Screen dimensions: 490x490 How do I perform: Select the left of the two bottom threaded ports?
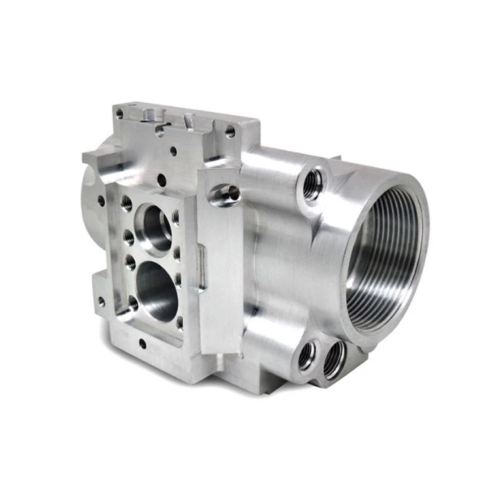(307, 355)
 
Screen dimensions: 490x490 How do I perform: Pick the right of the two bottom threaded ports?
(333, 360)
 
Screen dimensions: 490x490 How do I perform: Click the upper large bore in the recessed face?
(157, 228)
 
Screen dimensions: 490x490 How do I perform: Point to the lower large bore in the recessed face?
(157, 290)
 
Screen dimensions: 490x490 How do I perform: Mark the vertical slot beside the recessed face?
(203, 268)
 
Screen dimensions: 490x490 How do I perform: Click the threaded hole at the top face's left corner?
(120, 114)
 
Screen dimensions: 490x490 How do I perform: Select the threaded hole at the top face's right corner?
(230, 131)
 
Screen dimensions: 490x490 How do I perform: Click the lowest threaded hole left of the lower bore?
(133, 302)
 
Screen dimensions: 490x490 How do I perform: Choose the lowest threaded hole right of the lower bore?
(180, 321)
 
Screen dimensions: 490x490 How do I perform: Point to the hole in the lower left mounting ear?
(101, 302)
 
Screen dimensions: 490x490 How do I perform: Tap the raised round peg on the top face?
(150, 115)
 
